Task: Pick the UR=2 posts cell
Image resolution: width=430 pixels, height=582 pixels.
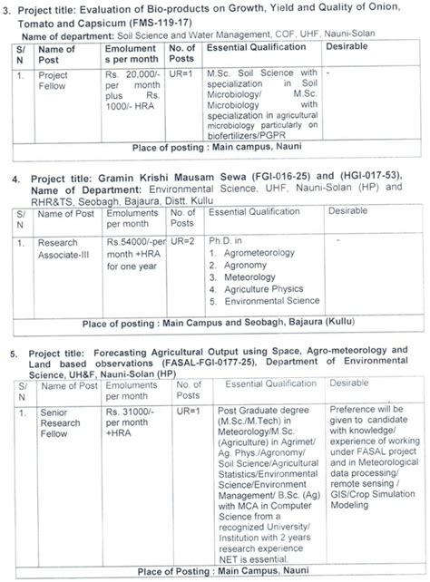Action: click(184, 243)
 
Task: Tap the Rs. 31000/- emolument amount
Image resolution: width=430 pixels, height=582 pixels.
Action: click(133, 411)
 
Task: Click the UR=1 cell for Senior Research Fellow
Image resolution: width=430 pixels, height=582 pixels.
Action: click(185, 411)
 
